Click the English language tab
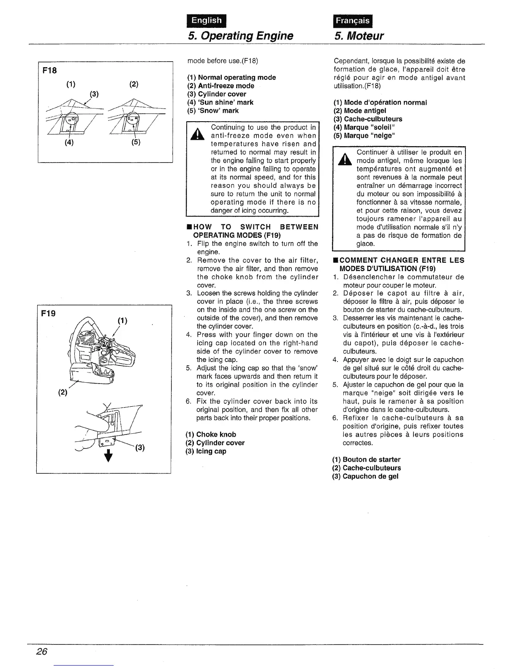coord(206,20)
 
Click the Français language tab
coord(353,21)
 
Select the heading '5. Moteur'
coord(359,35)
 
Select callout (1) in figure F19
coord(123,321)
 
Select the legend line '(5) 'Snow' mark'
coord(213,111)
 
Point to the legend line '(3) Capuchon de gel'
coord(365,476)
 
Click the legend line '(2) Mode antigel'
coord(359,111)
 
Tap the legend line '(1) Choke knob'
coord(211,434)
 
